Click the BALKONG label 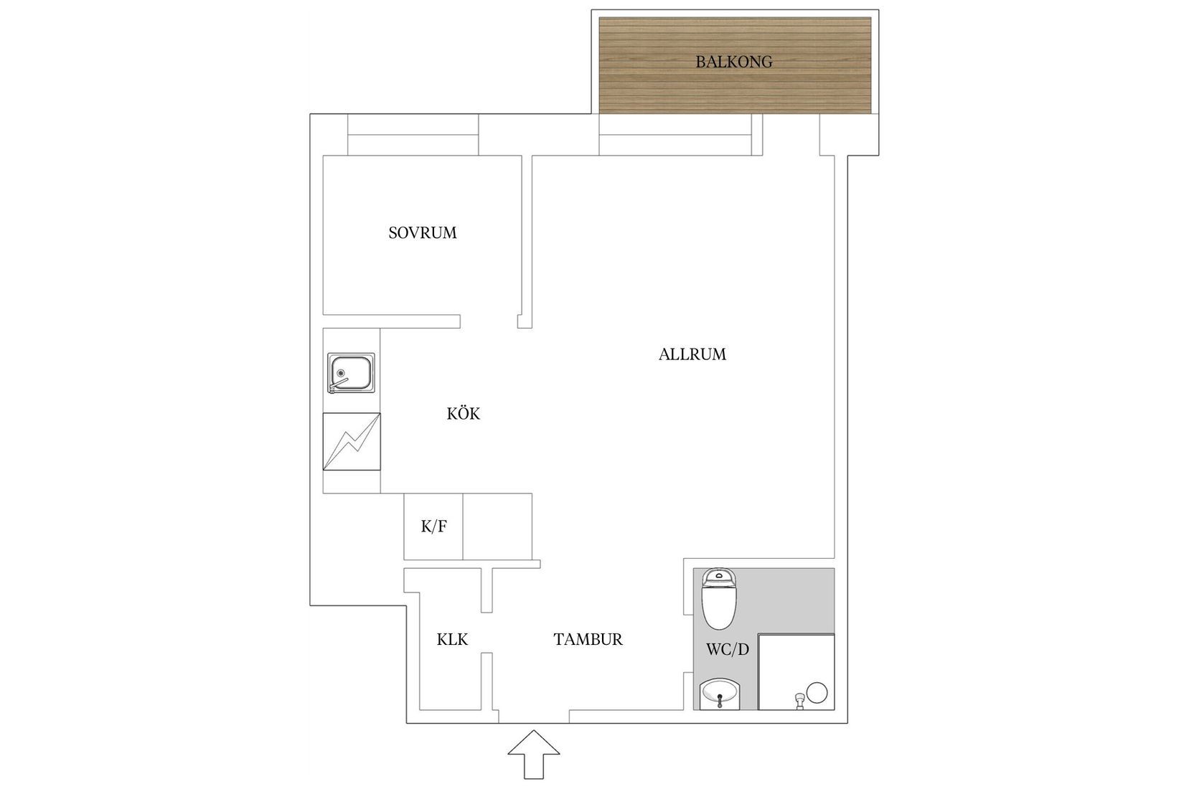(x=733, y=62)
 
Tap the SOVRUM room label (x=423, y=232)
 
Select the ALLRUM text (x=692, y=354)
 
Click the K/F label (x=433, y=526)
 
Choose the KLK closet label (x=452, y=639)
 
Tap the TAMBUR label (x=588, y=639)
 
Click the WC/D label (x=728, y=649)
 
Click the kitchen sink (x=351, y=373)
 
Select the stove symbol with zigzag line (x=352, y=441)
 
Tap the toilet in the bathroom (x=718, y=599)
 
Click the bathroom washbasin (x=720, y=694)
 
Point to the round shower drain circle (x=817, y=692)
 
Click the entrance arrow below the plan (x=534, y=755)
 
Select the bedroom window (x=413, y=135)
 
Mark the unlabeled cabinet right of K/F (x=497, y=526)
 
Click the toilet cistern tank (x=718, y=577)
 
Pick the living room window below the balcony (x=675, y=135)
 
